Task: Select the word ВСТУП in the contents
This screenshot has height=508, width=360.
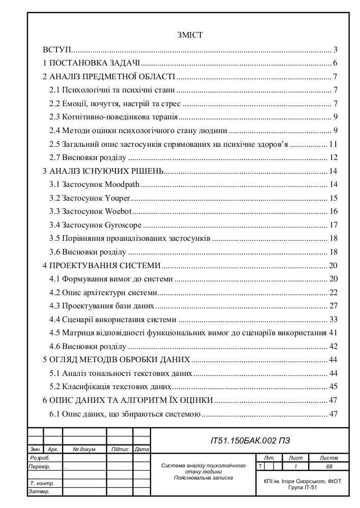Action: coord(57,50)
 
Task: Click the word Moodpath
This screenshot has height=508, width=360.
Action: coord(125,183)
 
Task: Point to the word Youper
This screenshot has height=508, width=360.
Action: coord(117,197)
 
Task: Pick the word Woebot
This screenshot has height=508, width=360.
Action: coord(118,211)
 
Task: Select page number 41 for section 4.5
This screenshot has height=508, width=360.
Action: coord(334,333)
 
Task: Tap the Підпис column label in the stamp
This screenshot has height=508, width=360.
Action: coord(119,450)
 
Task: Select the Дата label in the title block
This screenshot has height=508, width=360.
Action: coord(142,450)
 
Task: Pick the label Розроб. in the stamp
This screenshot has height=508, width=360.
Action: coord(40,458)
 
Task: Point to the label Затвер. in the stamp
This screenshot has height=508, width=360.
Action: coord(40,492)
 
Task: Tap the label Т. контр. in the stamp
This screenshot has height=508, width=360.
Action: coord(42,483)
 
